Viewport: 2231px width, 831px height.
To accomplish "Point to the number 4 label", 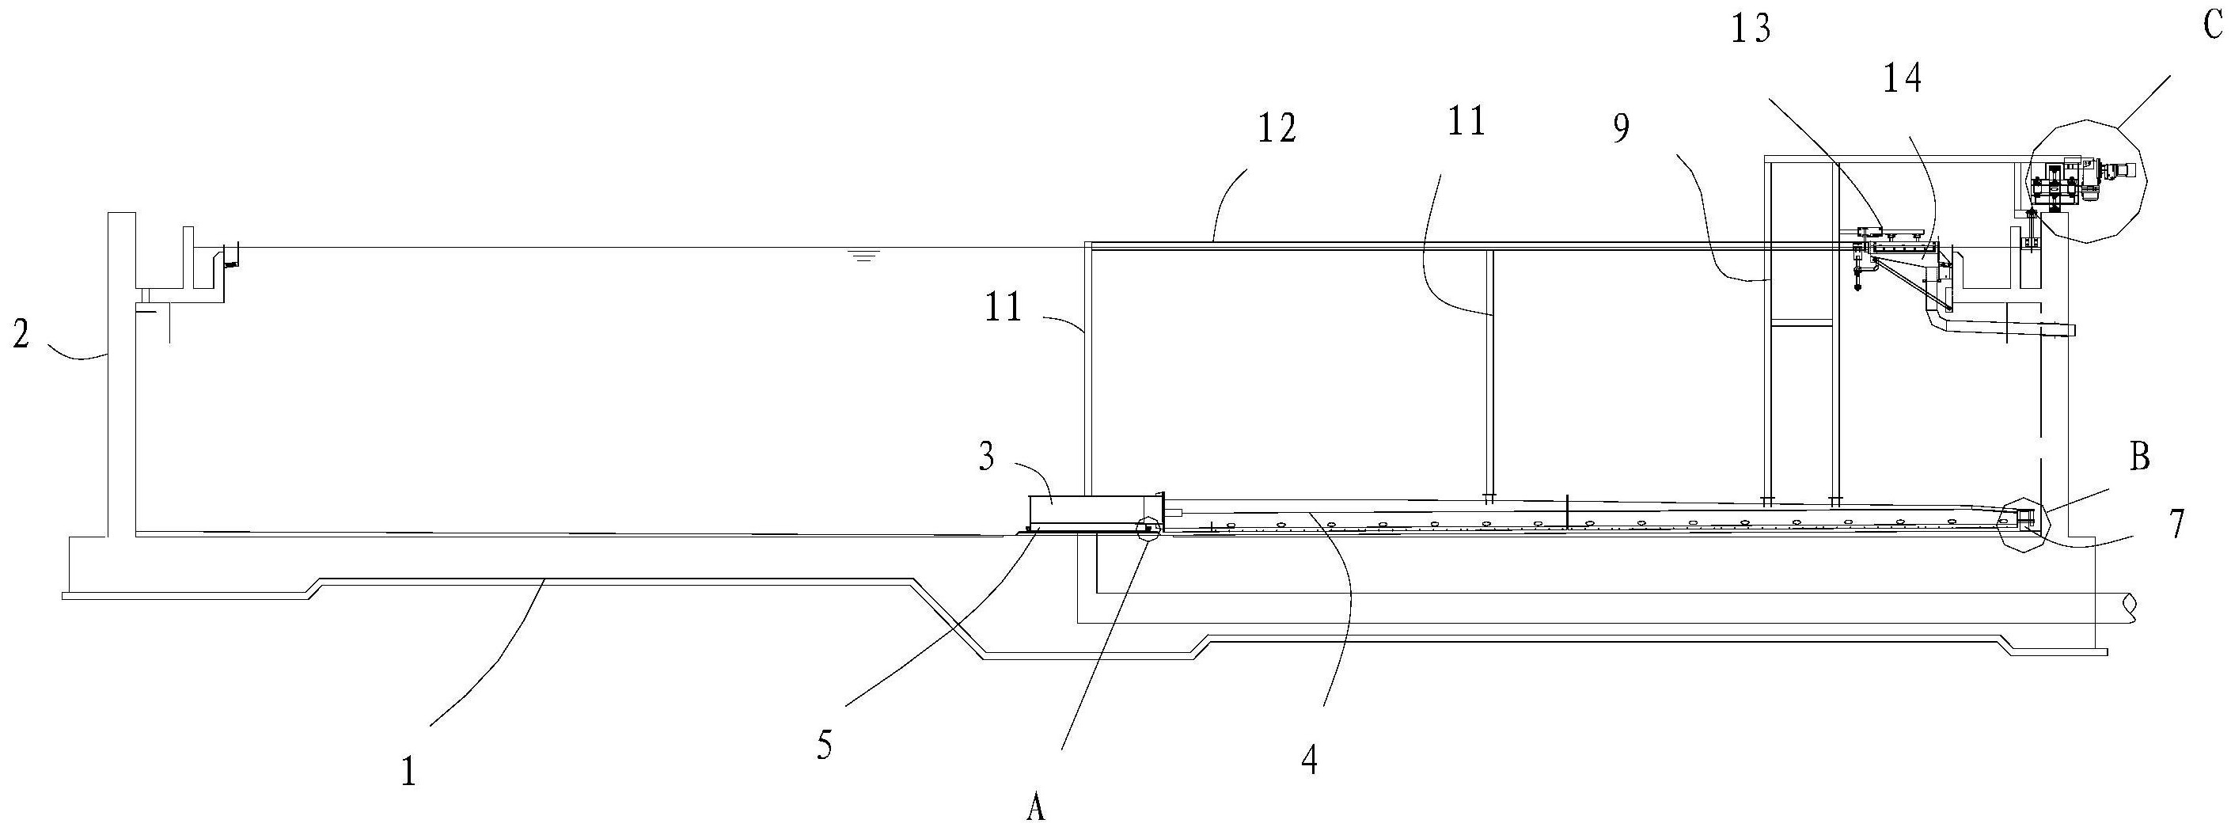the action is [x=1310, y=760].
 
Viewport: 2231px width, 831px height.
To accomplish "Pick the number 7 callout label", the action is [x=2174, y=522].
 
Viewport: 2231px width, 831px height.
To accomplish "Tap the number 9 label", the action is [x=1620, y=128].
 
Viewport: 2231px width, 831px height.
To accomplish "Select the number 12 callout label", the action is [x=1277, y=128].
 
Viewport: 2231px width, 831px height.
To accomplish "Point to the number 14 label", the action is [x=1902, y=79].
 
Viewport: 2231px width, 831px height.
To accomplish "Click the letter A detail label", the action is [x=1036, y=810].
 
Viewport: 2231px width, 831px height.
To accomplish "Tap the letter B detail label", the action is [x=2140, y=457].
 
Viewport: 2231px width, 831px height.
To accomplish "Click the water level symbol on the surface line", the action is [x=862, y=255].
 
